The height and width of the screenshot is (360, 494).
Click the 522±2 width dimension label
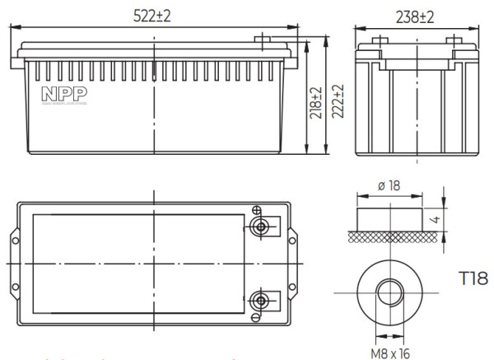tap(154, 15)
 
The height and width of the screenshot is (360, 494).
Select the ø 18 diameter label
tap(388, 186)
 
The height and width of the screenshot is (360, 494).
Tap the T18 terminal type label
tap(473, 278)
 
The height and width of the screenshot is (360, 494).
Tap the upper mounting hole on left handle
tap(14, 240)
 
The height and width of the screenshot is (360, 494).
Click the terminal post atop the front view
tap(263, 39)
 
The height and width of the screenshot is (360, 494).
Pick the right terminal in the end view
tap(450, 40)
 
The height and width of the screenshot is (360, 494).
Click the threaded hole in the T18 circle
tap(388, 294)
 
